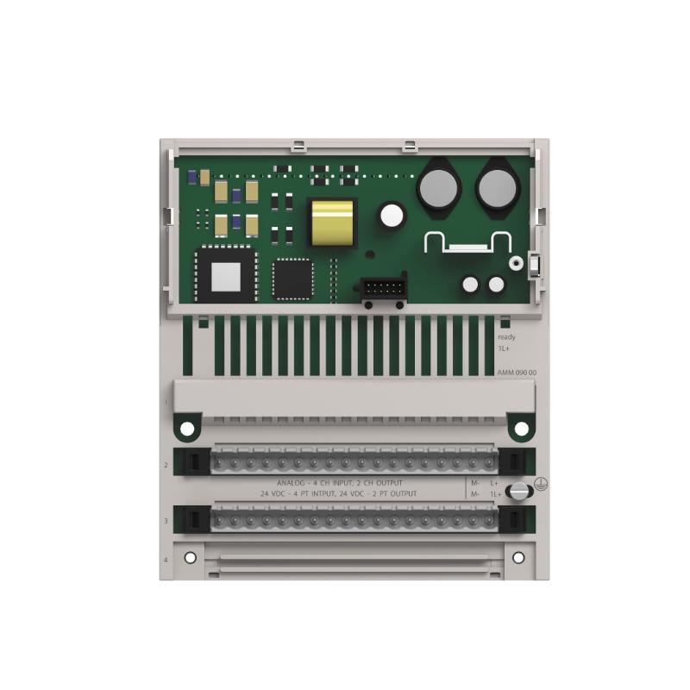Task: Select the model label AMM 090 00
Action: point(515,372)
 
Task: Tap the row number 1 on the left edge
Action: point(166,403)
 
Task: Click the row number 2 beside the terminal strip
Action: point(166,465)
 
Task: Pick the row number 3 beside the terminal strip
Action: point(166,521)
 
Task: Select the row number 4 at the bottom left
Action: point(166,561)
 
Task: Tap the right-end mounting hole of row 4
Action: point(518,557)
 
